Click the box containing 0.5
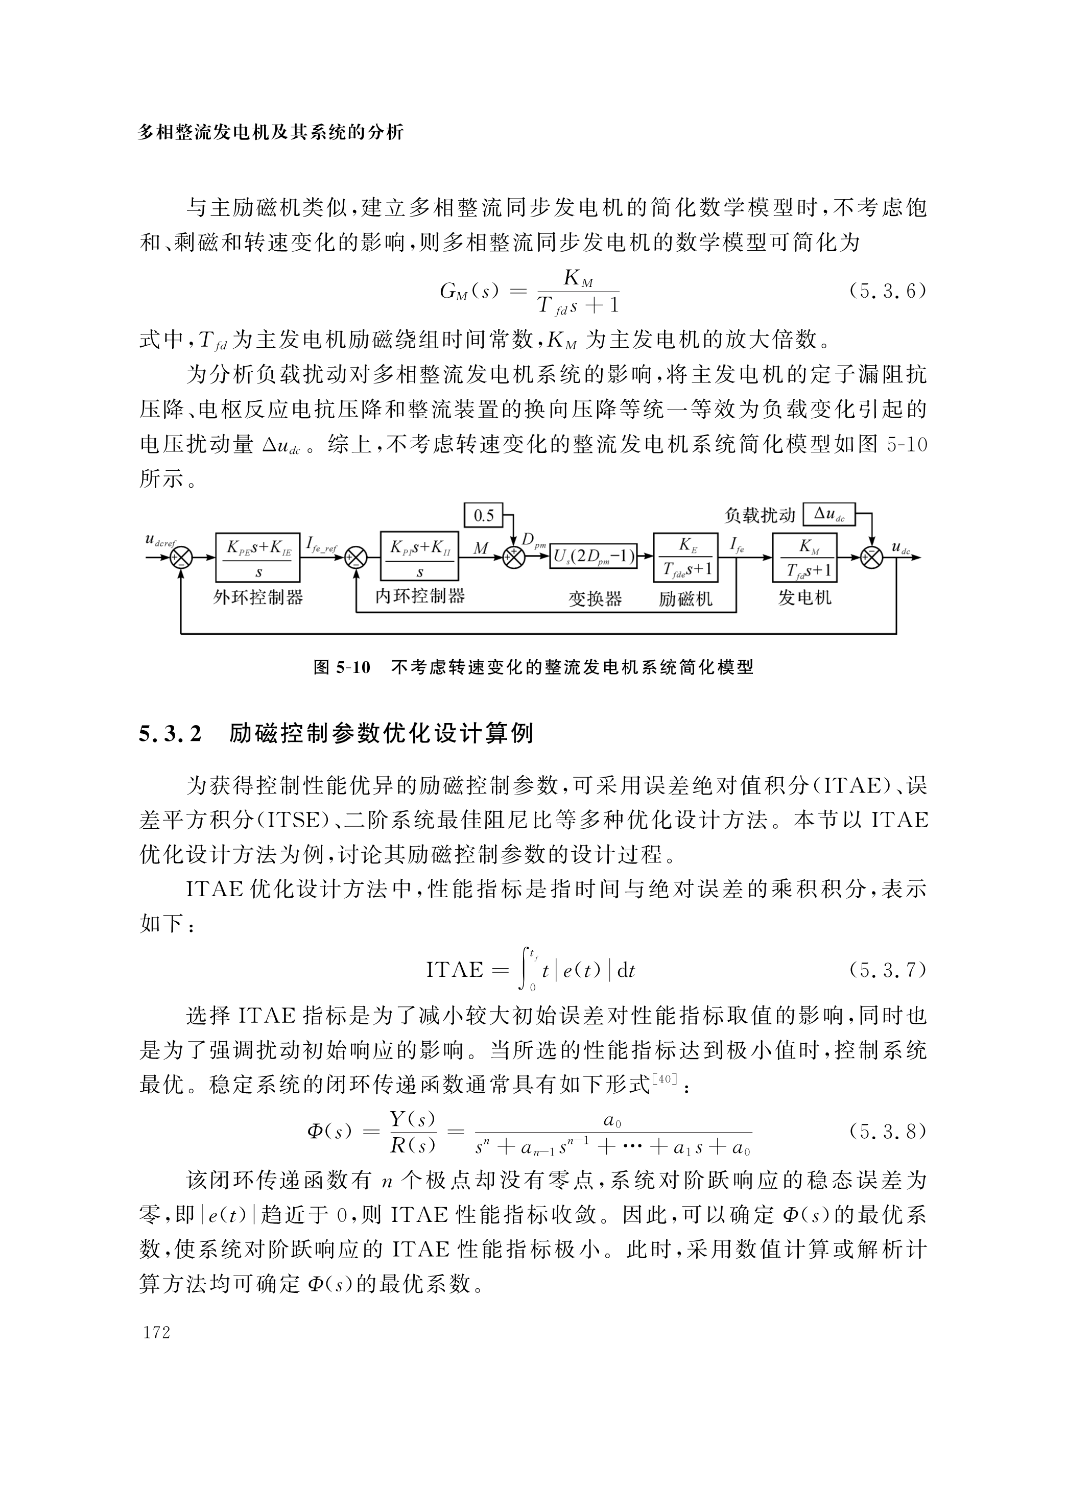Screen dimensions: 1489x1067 [483, 515]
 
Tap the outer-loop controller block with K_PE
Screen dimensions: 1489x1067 [257, 558]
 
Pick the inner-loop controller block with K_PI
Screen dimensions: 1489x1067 [421, 558]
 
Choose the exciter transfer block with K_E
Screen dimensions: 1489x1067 [685, 558]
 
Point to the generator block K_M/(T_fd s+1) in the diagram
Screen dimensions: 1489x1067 [804, 558]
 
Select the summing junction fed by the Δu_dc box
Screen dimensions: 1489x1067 [871, 558]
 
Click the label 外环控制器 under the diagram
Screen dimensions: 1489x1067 [257, 597]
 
